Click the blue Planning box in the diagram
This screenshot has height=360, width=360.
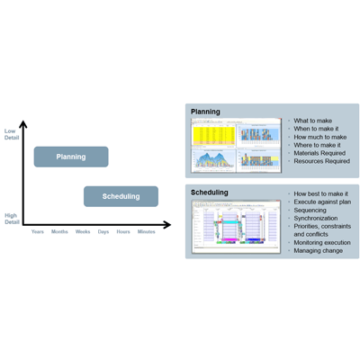(x=71, y=157)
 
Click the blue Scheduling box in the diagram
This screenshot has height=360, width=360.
(x=121, y=196)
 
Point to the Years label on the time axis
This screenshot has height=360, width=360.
(x=38, y=232)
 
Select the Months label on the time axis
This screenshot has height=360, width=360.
(x=59, y=232)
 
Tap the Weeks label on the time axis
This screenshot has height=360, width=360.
(x=82, y=232)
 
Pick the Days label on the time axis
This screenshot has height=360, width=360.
(x=103, y=232)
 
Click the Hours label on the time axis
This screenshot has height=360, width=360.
(x=123, y=232)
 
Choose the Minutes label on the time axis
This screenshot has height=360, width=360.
(x=146, y=232)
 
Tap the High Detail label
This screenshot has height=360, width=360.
(x=11, y=218)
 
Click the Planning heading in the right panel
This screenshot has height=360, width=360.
(x=205, y=112)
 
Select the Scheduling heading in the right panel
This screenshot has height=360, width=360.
(x=209, y=193)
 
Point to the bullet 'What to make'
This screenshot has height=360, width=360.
(x=313, y=120)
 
